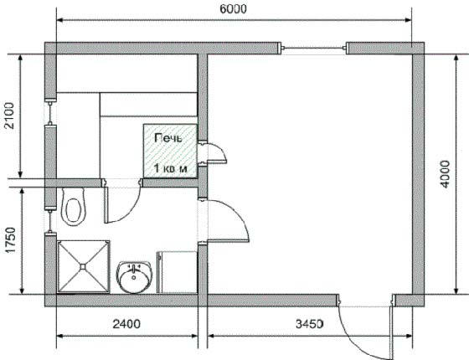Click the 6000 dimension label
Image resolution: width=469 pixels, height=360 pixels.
point(233,9)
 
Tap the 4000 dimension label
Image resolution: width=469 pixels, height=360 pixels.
point(446,174)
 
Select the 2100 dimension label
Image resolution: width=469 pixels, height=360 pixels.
point(9,116)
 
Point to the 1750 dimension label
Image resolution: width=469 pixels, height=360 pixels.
point(10,240)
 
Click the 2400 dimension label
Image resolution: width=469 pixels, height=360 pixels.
point(126,324)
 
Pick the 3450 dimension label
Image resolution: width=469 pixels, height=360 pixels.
point(310,324)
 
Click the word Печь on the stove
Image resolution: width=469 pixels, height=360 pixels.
point(168,138)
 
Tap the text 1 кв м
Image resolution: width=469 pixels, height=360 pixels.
point(171,168)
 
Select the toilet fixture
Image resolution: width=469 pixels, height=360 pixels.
point(73,206)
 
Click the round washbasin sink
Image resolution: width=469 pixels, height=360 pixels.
point(134,277)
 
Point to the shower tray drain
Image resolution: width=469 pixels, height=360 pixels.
point(83,266)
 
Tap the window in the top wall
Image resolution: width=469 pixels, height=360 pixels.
point(313,48)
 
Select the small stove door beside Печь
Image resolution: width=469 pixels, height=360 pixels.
point(213,153)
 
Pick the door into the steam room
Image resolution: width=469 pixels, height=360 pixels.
point(122,202)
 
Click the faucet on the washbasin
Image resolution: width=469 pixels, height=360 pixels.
point(134,267)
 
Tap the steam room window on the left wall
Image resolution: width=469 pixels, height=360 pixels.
point(50,113)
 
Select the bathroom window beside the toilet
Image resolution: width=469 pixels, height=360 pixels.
point(50,222)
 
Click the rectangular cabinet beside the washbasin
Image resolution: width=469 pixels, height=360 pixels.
point(177,272)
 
